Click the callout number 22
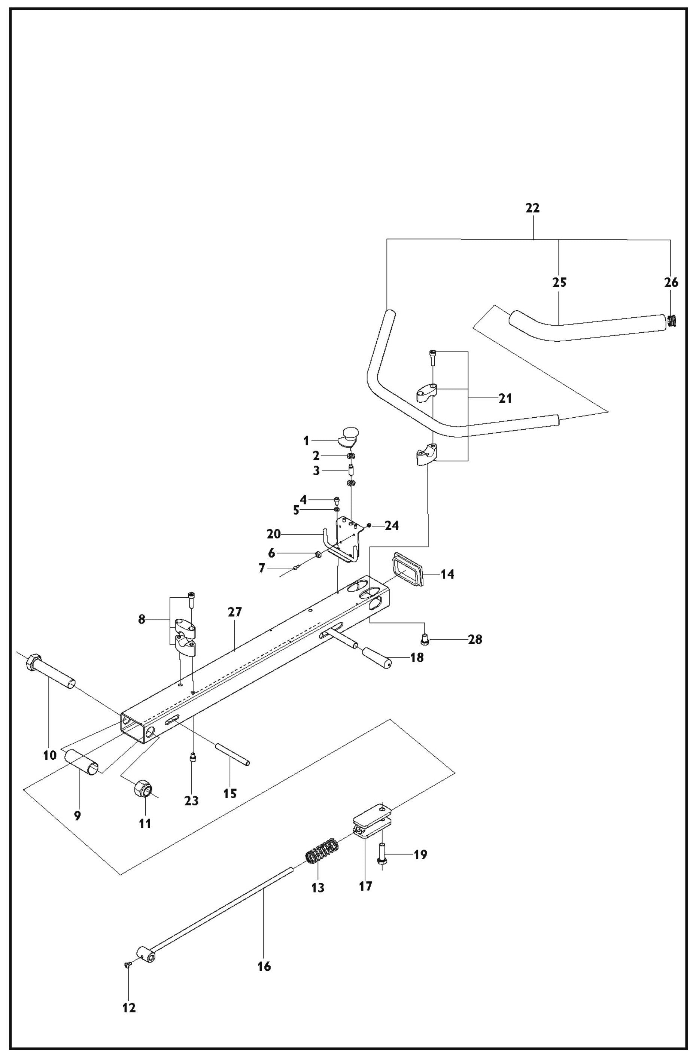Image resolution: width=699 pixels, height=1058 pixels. (x=532, y=208)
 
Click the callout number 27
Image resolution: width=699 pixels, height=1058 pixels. (x=234, y=612)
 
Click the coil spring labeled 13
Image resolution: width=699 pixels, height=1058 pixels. (x=321, y=851)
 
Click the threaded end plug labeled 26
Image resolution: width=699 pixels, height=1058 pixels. (x=673, y=321)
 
